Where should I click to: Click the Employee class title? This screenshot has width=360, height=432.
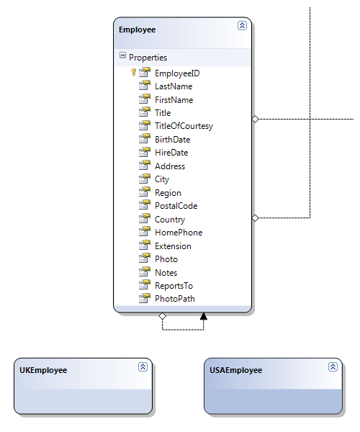(x=138, y=30)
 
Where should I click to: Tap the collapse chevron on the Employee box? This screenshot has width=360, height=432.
(x=242, y=26)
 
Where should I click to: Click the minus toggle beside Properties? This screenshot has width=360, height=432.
(x=122, y=55)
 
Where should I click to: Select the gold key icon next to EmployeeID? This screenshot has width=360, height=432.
(x=133, y=73)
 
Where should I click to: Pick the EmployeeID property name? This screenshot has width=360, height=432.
(x=177, y=73)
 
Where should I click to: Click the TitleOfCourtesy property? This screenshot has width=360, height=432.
(x=184, y=126)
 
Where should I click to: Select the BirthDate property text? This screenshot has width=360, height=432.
(x=172, y=140)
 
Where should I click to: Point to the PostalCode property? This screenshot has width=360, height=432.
(x=176, y=206)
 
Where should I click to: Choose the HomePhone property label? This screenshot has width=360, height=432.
(x=179, y=233)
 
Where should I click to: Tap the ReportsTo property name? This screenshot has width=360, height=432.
(x=174, y=286)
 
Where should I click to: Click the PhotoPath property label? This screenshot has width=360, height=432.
(x=175, y=299)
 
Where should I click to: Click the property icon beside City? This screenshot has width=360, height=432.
(x=145, y=179)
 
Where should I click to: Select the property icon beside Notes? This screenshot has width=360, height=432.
(x=145, y=272)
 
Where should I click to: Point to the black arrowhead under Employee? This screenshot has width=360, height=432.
(x=204, y=316)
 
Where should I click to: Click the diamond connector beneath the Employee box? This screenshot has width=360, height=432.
(x=163, y=316)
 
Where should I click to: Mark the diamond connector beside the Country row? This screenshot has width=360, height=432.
(x=256, y=218)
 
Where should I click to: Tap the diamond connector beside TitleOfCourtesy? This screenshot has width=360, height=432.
(x=256, y=119)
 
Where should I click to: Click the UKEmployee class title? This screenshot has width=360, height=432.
(x=43, y=370)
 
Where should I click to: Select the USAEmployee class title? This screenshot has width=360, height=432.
(x=235, y=370)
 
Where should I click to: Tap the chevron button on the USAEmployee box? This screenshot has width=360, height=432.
(x=333, y=366)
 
